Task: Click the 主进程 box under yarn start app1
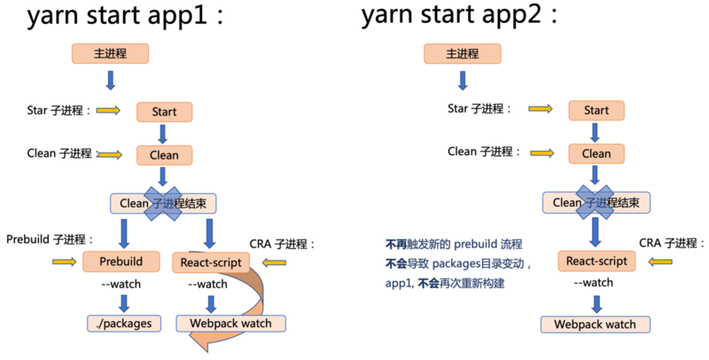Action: point(110,53)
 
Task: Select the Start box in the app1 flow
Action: point(164,112)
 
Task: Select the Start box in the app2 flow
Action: point(596,110)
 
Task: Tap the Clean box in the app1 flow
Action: point(164,154)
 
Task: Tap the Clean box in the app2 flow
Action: point(596,153)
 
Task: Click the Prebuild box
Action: point(120,262)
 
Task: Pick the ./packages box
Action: point(123,324)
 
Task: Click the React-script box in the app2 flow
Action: point(596,262)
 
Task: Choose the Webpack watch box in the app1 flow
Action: point(231,324)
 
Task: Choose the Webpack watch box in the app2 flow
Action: point(595,324)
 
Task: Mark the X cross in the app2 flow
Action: point(596,201)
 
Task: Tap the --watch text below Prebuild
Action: point(122,286)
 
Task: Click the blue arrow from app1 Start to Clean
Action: point(163,134)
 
